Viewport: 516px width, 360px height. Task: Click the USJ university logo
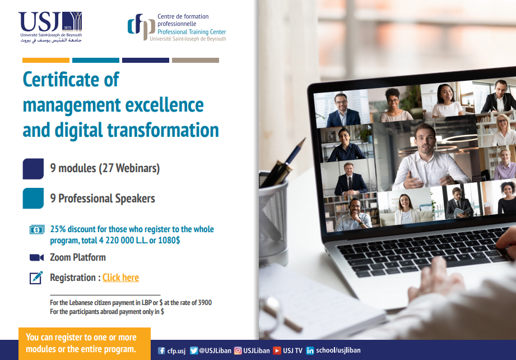50,27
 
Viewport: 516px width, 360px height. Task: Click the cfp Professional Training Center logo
176,27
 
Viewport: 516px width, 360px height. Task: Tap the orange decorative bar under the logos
46,60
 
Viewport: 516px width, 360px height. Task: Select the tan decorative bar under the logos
196,60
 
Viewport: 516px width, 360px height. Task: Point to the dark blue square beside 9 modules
33,169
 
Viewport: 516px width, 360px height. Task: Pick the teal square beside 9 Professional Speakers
33,199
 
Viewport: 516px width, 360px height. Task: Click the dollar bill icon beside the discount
37,229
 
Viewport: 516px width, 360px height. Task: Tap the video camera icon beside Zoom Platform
36,257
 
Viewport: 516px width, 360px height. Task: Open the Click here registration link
121,278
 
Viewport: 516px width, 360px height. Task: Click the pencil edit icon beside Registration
36,278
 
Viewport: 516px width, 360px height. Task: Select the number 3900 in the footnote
204,302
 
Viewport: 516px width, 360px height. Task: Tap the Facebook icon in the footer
161,350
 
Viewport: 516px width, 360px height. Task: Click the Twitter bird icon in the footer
194,350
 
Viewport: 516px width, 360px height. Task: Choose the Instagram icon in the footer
238,350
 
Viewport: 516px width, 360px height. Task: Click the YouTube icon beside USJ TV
277,350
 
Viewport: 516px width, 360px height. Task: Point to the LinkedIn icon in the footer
310,350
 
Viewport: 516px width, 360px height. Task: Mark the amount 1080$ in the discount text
169,240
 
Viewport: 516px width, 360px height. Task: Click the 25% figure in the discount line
58,229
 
